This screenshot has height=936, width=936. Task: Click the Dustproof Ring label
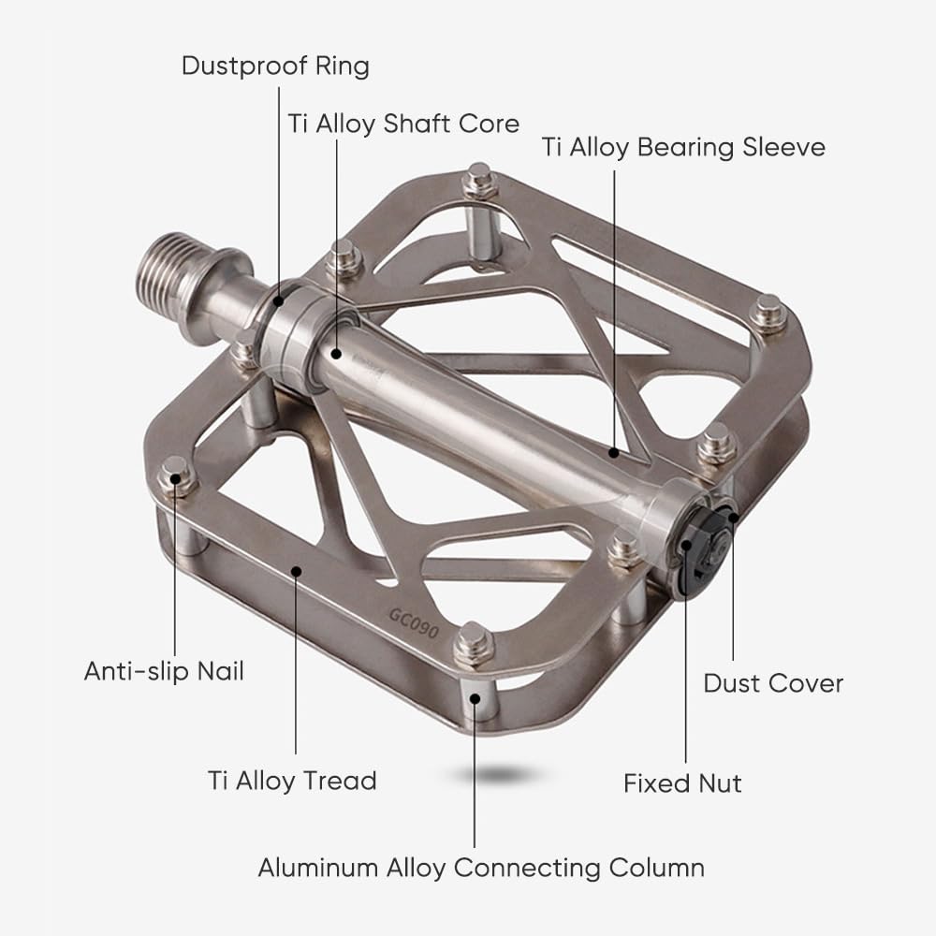275,66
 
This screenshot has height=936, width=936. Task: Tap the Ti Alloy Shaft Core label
403,124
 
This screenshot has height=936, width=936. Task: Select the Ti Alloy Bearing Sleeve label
683,148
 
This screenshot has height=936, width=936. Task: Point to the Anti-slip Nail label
164,671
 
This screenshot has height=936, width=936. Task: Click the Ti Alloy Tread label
292,781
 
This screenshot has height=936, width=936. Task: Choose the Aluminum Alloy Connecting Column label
481,868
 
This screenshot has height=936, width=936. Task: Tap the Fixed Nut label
682,783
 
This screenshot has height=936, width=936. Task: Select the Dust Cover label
773,683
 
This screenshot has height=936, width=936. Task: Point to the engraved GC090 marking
414,623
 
